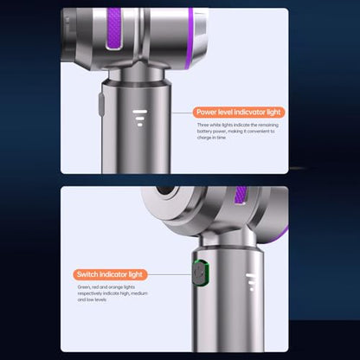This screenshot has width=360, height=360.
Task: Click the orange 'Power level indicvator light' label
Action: (x=239, y=112)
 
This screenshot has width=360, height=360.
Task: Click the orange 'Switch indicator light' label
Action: (x=110, y=274)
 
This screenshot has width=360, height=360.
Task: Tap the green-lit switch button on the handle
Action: (x=201, y=272)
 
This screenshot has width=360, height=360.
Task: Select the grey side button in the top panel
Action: (x=101, y=104)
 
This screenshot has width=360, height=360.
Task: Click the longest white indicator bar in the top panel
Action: (x=140, y=112)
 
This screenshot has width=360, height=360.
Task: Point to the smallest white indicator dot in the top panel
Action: (x=140, y=125)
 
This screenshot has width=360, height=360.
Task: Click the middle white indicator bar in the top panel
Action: (x=140, y=119)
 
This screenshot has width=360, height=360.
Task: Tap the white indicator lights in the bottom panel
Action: (x=251, y=282)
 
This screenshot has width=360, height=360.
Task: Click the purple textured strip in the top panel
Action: (x=114, y=29)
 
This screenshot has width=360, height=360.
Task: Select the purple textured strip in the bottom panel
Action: (x=241, y=196)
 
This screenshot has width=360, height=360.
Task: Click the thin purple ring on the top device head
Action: (x=190, y=38)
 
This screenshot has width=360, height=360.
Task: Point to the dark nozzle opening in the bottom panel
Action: (x=165, y=190)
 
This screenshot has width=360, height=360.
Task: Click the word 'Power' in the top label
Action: (x=206, y=112)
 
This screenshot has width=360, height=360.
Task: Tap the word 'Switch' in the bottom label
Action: (x=87, y=274)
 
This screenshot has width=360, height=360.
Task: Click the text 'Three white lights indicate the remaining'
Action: (x=238, y=125)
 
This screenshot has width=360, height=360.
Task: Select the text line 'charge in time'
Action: (x=211, y=138)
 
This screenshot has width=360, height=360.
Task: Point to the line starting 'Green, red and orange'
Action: (x=106, y=287)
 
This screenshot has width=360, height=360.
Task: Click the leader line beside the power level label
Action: (x=182, y=112)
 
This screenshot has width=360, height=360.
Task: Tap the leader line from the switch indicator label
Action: (x=170, y=274)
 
